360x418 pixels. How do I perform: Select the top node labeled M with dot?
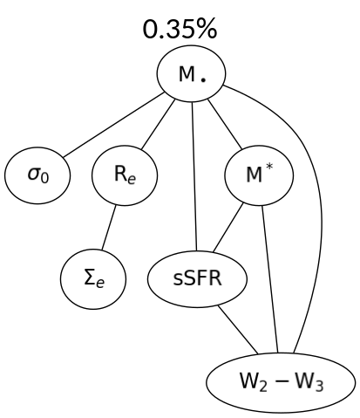192,75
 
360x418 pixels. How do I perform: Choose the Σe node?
93,279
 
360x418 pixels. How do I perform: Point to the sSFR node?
196,279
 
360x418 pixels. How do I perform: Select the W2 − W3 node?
281,382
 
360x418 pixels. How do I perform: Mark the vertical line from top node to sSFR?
193,175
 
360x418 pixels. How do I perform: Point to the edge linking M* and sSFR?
228,228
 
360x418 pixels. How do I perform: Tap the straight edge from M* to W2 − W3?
270,279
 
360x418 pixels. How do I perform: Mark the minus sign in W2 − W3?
282,382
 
